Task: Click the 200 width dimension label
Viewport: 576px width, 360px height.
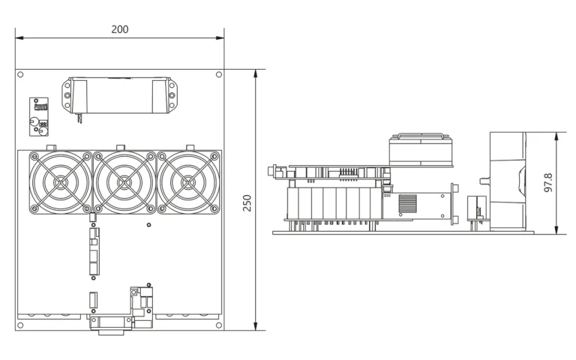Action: pos(120,29)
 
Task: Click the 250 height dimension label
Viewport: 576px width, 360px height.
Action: pos(247,202)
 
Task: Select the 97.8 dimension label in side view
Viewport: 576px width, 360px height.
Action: pos(548,182)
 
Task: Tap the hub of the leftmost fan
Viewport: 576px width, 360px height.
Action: pos(60,182)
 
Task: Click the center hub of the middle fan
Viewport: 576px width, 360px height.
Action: pos(124,182)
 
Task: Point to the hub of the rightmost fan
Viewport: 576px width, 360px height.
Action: pos(188,182)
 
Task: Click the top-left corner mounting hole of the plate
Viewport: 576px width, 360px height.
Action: pos(20,74)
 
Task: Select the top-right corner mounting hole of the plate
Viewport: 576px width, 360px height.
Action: pos(219,74)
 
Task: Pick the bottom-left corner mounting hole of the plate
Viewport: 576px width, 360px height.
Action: pos(20,325)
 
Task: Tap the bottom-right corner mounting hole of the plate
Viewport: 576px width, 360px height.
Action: pos(219,325)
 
